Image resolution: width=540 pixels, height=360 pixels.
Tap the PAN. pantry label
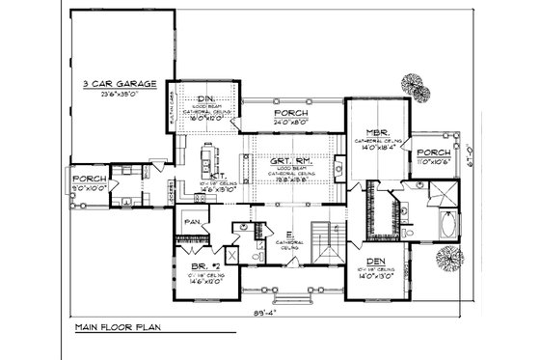(192, 222)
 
